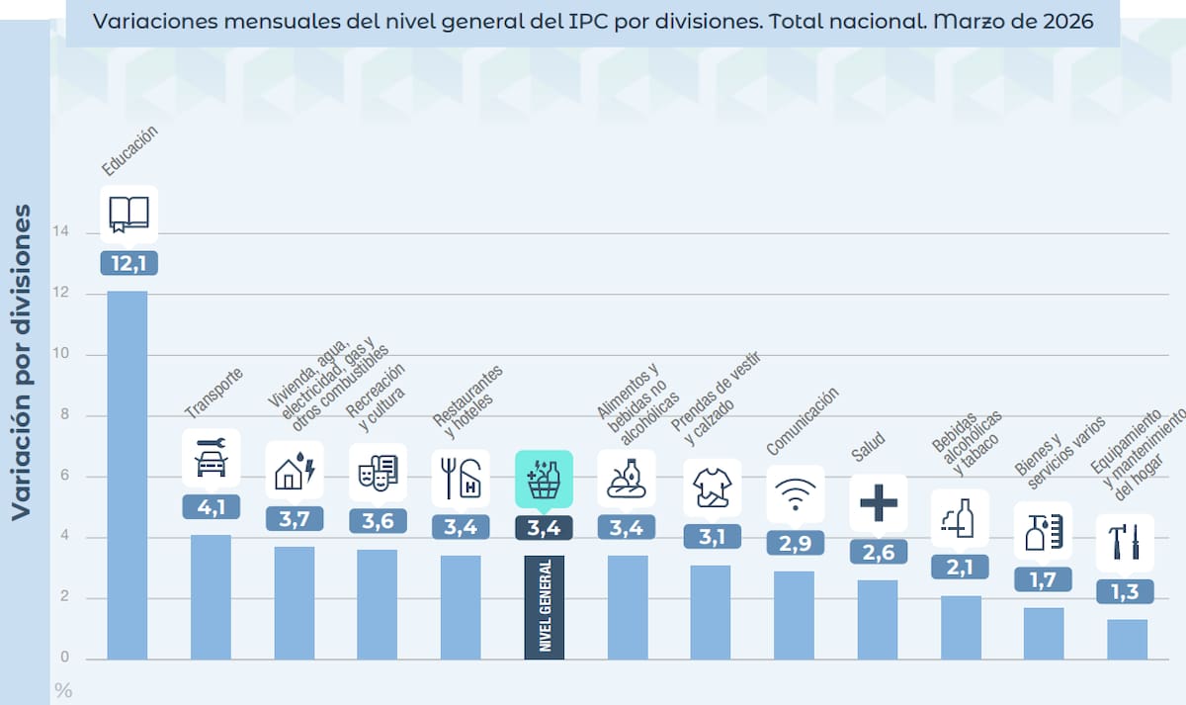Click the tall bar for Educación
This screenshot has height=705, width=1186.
[x=127, y=475]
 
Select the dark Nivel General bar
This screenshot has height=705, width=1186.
[x=545, y=607]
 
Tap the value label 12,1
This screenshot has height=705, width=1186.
[x=128, y=264]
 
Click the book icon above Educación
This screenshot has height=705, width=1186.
[x=128, y=214]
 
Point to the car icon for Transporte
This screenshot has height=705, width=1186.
[x=211, y=460]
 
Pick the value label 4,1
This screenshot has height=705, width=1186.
[x=211, y=507]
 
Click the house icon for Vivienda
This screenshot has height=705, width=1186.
[x=294, y=471]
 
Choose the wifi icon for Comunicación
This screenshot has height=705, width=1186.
[x=795, y=493]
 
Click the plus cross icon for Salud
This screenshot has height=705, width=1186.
[x=878, y=503]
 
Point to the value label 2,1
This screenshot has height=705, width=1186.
[x=960, y=567]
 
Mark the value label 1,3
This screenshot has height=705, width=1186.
[x=1126, y=591]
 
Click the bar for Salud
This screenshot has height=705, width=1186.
[x=878, y=620]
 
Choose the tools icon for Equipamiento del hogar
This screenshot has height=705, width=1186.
[x=1126, y=542]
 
